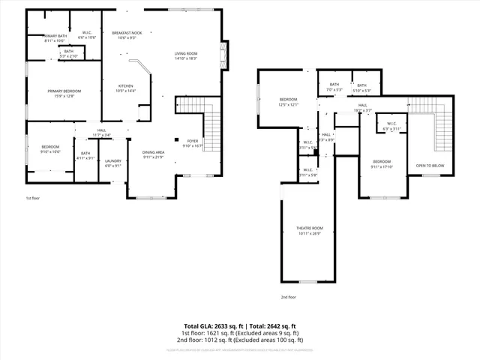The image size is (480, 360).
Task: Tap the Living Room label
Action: [x=186, y=55]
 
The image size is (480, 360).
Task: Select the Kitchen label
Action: [x=126, y=88]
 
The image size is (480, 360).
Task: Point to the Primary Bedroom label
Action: [x=64, y=93]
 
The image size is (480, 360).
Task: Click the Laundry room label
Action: [x=113, y=163]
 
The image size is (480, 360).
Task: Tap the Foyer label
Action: [x=192, y=142]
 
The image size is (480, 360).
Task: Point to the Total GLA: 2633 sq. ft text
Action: [x=213, y=326]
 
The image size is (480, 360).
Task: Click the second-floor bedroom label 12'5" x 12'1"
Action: [x=289, y=102]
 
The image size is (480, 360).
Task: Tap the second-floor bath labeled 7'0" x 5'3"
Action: [x=334, y=87]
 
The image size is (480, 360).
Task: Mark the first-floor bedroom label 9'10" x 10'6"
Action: [x=50, y=148]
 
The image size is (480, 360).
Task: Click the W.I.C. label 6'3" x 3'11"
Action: [x=391, y=125]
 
